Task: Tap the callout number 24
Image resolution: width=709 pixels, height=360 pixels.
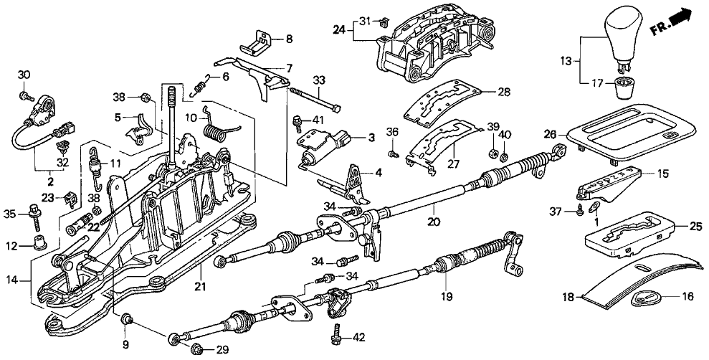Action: (x=339, y=29)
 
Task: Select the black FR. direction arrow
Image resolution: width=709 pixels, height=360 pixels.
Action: (x=685, y=19)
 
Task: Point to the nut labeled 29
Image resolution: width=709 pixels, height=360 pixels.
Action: (x=199, y=349)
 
